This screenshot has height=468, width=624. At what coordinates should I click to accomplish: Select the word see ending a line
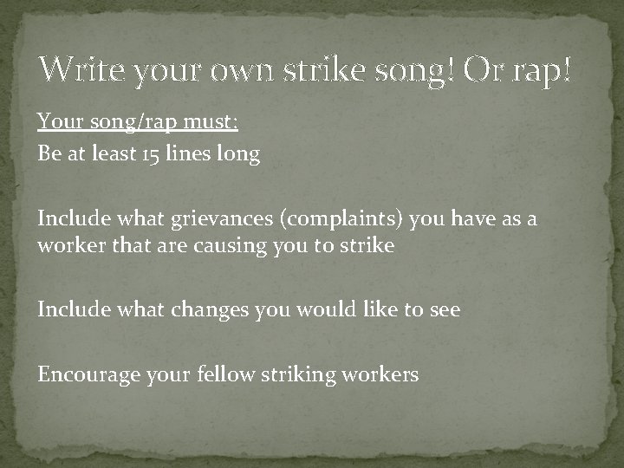pos(445,310)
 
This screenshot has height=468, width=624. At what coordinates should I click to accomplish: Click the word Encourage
pos(83,375)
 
